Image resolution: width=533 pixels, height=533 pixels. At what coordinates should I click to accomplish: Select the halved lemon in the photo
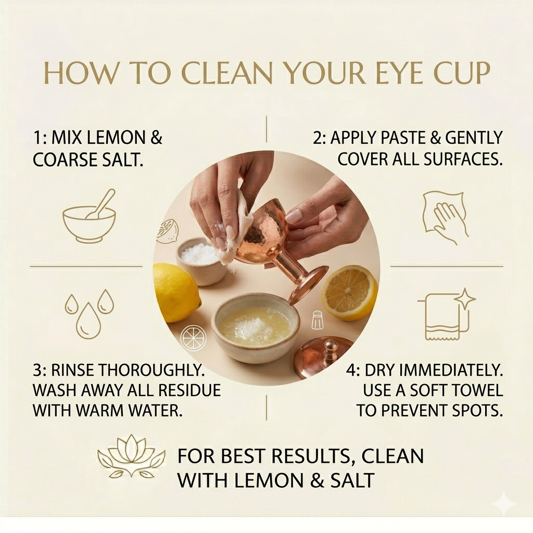click(349, 292)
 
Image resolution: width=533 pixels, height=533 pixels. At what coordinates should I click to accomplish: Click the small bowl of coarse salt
click(202, 260)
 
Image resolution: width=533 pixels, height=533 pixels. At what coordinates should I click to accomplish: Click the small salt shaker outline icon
click(317, 320)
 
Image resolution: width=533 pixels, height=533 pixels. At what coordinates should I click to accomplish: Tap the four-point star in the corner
click(504, 503)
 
